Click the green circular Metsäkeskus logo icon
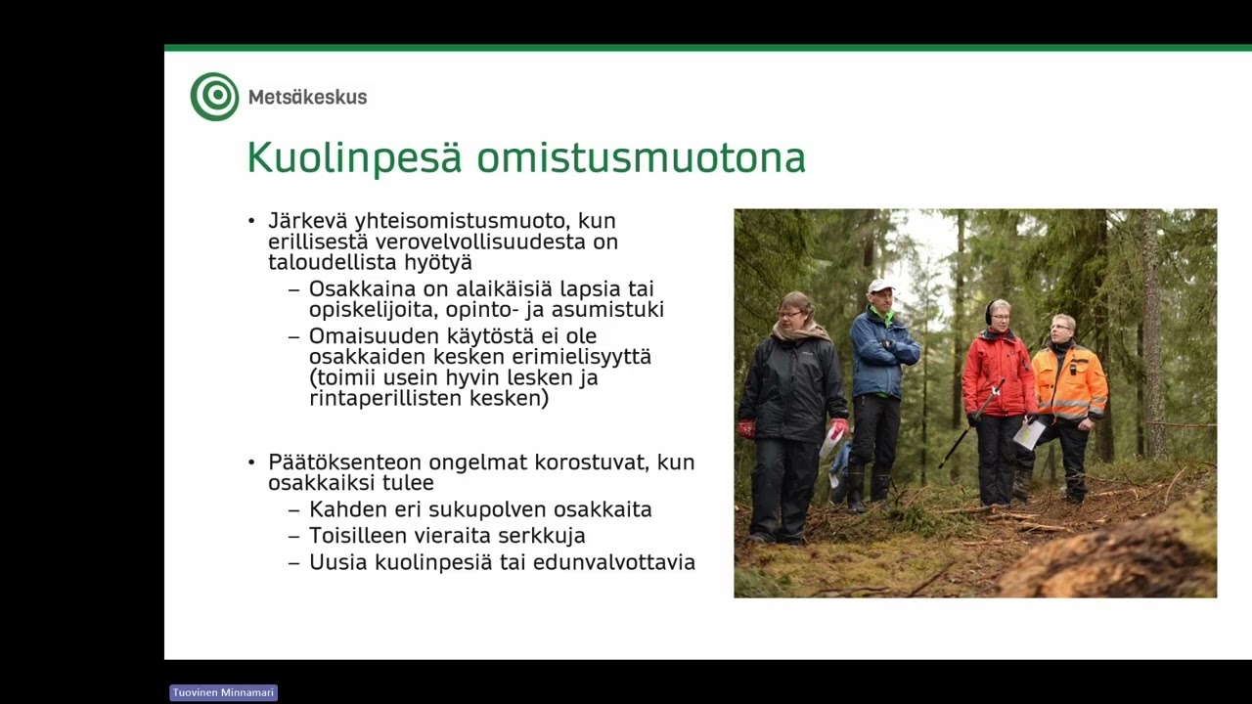pos(214,97)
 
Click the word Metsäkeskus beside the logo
pos(307,97)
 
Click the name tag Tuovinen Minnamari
pos(223,692)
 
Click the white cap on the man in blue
pos(881,286)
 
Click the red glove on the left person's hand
pos(745,428)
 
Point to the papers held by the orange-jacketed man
pos(1028,434)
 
